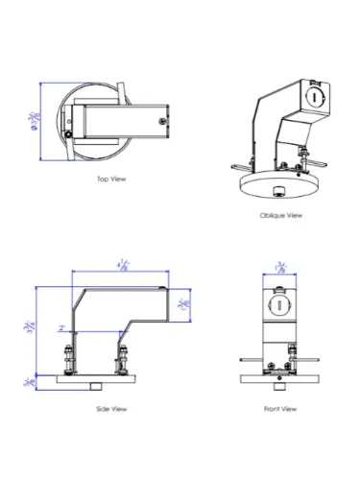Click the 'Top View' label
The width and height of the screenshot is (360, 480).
(110, 179)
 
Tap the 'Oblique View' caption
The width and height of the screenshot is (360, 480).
(281, 216)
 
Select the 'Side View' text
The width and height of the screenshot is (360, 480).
(110, 409)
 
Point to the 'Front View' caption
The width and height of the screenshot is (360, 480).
(281, 409)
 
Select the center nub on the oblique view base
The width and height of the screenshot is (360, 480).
(277, 184)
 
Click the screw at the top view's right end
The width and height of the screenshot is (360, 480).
(159, 120)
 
